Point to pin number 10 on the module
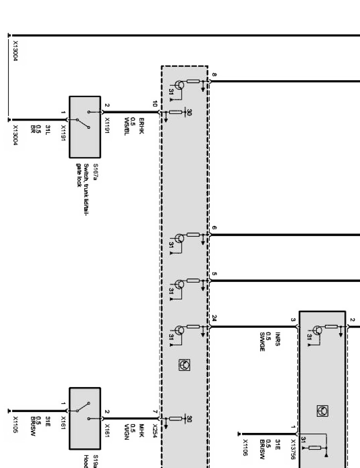click(155, 104)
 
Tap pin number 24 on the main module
click(214, 318)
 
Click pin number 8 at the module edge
click(214, 74)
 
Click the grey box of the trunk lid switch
click(85, 127)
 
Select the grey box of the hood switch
click(85, 418)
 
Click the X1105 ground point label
click(15, 424)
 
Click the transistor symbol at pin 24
click(179, 330)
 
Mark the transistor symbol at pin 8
click(179, 85)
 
